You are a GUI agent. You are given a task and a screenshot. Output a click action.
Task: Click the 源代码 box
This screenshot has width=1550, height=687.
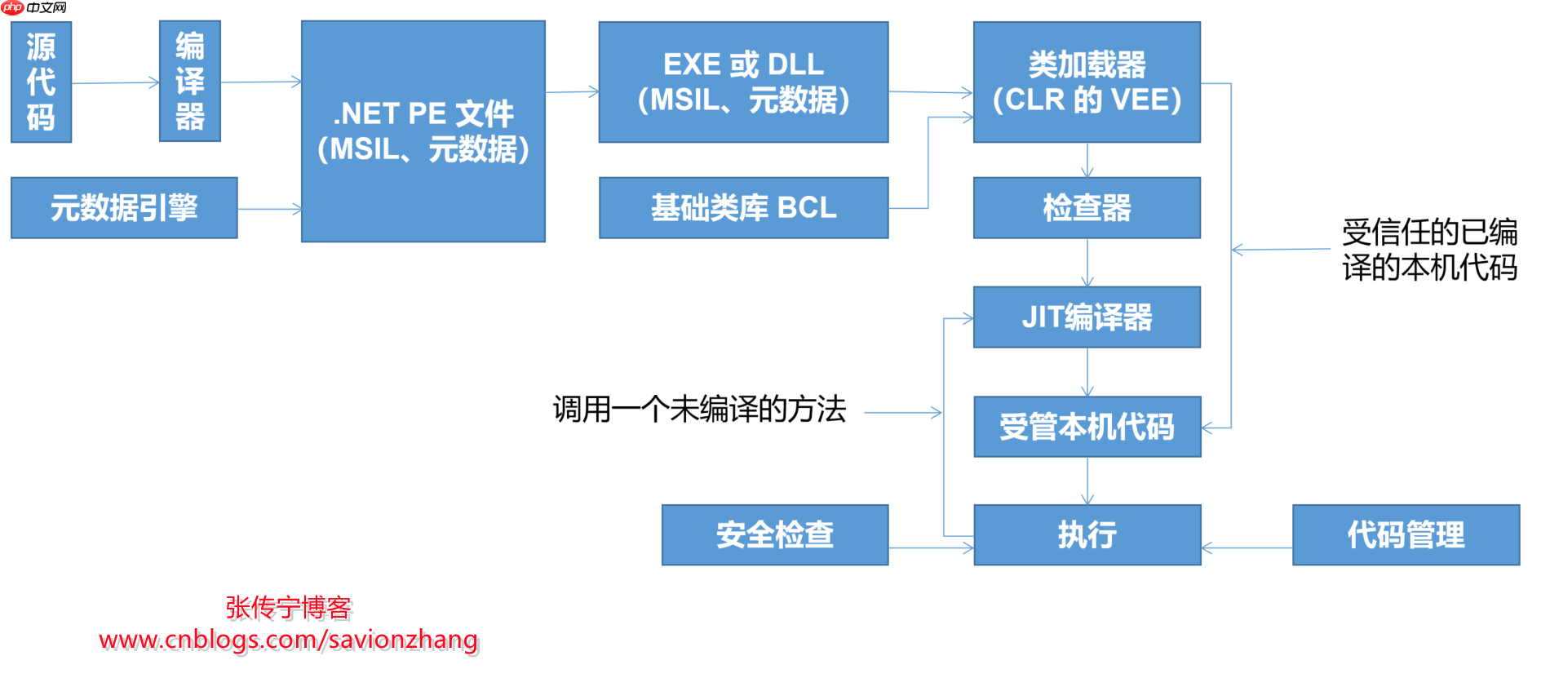click(41, 82)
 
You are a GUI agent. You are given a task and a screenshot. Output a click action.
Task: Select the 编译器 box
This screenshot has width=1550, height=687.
click(189, 81)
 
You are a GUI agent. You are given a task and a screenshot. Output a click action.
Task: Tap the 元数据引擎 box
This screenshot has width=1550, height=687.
click(124, 208)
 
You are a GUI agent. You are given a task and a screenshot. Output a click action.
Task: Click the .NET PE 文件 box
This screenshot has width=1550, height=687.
click(423, 131)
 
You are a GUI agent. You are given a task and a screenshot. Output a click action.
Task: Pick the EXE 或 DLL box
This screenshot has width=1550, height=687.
click(743, 82)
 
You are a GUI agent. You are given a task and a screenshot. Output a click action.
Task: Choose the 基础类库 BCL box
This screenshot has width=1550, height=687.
click(743, 208)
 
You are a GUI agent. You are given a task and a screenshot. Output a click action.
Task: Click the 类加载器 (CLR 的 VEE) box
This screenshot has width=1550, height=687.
click(1087, 82)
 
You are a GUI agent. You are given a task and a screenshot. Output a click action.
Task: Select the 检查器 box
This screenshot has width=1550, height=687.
click(1087, 208)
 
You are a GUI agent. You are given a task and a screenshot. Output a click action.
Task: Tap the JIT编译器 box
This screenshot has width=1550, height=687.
click(1087, 317)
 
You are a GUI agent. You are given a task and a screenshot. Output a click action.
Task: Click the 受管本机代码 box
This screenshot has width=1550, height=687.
click(1087, 427)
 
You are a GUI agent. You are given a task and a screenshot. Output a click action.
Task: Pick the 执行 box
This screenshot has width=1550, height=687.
click(1087, 534)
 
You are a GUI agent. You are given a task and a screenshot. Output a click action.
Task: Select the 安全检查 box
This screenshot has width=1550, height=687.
click(774, 534)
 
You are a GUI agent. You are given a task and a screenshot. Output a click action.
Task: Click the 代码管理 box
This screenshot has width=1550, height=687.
click(1406, 534)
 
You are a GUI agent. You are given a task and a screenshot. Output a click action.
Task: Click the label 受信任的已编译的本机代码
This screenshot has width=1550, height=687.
click(1429, 250)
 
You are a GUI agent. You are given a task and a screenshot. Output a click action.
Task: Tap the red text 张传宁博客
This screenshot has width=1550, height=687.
click(288, 607)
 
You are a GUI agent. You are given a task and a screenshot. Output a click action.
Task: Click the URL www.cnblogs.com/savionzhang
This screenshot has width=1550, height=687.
click(288, 640)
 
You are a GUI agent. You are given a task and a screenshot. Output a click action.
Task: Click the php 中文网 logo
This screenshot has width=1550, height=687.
click(34, 8)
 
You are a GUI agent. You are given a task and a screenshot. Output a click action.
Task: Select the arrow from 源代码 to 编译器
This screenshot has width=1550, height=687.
click(115, 82)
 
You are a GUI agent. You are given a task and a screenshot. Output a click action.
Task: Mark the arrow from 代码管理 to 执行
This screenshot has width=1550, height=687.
click(1247, 547)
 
